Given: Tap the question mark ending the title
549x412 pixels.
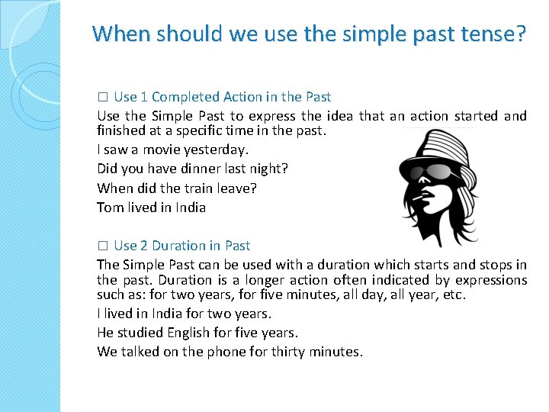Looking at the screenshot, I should click(520, 34).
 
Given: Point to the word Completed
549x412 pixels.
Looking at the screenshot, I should click(187, 97).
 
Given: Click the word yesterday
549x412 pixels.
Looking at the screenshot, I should click(220, 150).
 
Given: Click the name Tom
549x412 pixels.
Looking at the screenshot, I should click(110, 207).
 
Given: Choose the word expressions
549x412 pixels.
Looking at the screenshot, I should click(493, 280).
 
